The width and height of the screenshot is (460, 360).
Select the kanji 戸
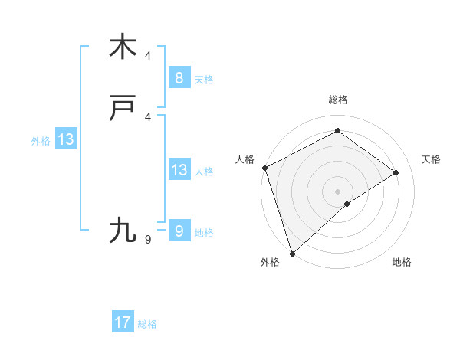point(123,110)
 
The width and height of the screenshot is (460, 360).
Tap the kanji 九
point(123,230)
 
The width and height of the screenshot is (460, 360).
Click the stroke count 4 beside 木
point(148,56)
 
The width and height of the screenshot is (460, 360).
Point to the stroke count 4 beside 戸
point(148,116)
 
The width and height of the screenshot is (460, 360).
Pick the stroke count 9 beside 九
point(148,240)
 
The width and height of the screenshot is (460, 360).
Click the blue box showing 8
point(179,77)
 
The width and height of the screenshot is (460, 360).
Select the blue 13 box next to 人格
point(179,170)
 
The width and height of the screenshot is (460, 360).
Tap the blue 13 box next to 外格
point(65,139)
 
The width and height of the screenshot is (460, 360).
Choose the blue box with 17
point(123,322)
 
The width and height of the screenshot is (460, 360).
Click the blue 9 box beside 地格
point(179,231)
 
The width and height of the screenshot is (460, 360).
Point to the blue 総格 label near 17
point(148,324)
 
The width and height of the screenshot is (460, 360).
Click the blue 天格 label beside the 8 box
point(204,79)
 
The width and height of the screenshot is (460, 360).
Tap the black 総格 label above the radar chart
point(338,100)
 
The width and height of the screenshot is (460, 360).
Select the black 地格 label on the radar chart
point(402,262)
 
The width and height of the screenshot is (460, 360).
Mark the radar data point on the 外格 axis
point(291,253)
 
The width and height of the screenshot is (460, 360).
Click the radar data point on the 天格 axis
point(396,172)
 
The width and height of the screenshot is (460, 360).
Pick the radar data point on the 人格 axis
point(264,168)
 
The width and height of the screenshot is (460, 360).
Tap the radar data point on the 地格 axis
point(347,204)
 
